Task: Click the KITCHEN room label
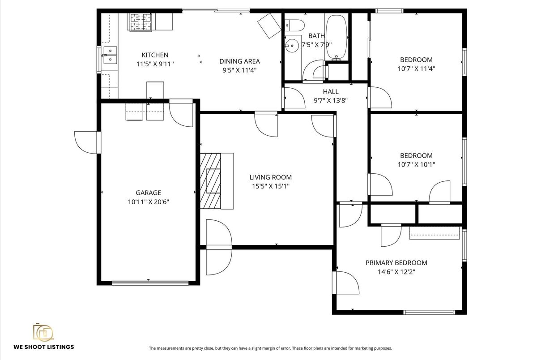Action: (155, 55)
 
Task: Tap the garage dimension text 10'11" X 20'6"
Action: (148, 202)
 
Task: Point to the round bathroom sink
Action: (293, 45)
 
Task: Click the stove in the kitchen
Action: (141, 22)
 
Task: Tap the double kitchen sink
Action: (110, 55)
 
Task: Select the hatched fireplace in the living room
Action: (211, 180)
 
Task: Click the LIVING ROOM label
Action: (270, 177)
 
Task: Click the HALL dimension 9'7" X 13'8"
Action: (330, 100)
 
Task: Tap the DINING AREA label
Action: (239, 61)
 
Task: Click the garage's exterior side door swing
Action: (86, 142)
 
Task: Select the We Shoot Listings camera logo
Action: (43, 332)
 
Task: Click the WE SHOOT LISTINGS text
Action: (43, 347)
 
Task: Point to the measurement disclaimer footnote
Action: (270, 348)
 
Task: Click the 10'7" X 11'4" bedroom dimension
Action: (416, 69)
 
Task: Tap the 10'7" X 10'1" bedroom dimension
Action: (416, 164)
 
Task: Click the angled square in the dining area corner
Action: (269, 25)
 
